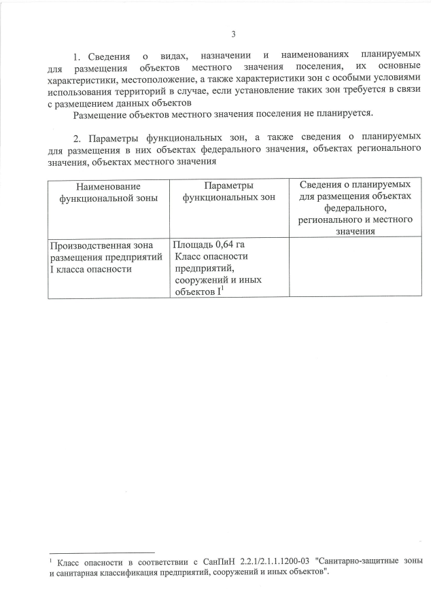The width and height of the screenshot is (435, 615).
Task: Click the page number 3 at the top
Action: pyautogui.click(x=233, y=34)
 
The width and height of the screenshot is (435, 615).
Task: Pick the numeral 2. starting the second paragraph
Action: pyautogui.click(x=76, y=137)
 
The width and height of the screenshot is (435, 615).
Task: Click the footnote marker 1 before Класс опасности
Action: pyautogui.click(x=51, y=561)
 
